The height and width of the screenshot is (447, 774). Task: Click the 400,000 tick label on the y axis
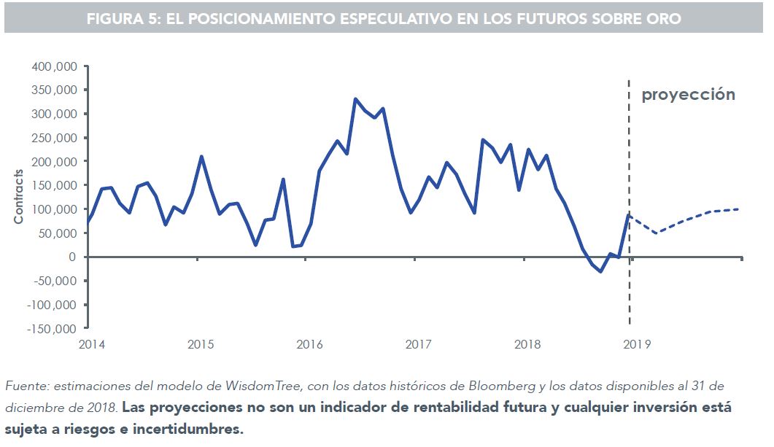click(55, 66)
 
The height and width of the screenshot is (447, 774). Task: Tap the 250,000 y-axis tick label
click(55, 138)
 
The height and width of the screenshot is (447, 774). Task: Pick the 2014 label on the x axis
click(91, 343)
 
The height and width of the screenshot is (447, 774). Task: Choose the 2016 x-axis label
click(309, 343)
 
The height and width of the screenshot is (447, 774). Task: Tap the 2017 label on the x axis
click(418, 343)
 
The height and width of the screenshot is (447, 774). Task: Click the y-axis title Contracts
click(19, 197)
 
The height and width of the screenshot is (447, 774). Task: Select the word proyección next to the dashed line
click(688, 95)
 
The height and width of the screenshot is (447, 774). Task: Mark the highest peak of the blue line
click(355, 98)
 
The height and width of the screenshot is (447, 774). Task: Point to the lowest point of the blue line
click(601, 271)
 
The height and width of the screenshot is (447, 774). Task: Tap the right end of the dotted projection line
click(738, 209)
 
